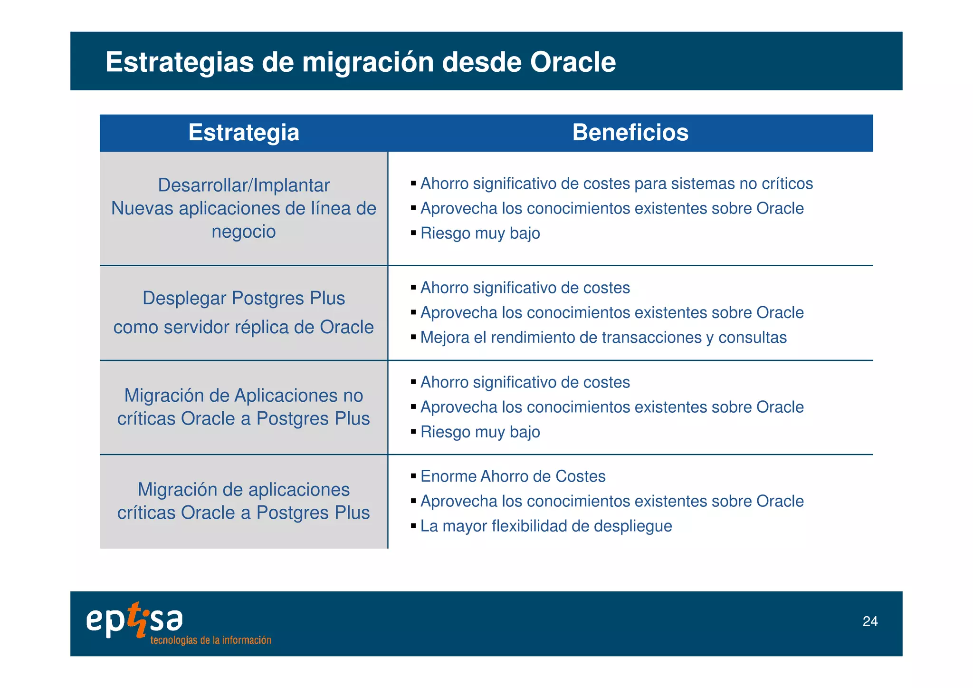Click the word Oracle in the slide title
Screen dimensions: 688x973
pyautogui.click(x=572, y=62)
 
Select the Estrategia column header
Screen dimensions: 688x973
pyautogui.click(x=244, y=132)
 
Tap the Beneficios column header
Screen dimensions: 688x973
pyautogui.click(x=630, y=132)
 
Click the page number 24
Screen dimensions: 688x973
pyautogui.click(x=869, y=621)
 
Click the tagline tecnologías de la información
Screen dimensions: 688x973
pyautogui.click(x=210, y=640)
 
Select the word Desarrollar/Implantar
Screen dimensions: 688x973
pyautogui.click(x=244, y=185)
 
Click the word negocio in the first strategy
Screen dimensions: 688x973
pyautogui.click(x=244, y=232)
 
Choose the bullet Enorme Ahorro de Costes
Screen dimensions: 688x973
pyautogui.click(x=513, y=476)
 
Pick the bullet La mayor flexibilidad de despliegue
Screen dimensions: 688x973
pyautogui.click(x=546, y=526)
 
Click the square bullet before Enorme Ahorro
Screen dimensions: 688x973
pyautogui.click(x=413, y=476)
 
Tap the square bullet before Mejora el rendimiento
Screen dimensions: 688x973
pyautogui.click(x=413, y=337)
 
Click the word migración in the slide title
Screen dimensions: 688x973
pyautogui.click(x=368, y=62)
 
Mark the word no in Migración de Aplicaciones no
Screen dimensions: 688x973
pyautogui.click(x=353, y=395)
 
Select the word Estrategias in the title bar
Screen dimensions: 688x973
pyautogui.click(x=180, y=62)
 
